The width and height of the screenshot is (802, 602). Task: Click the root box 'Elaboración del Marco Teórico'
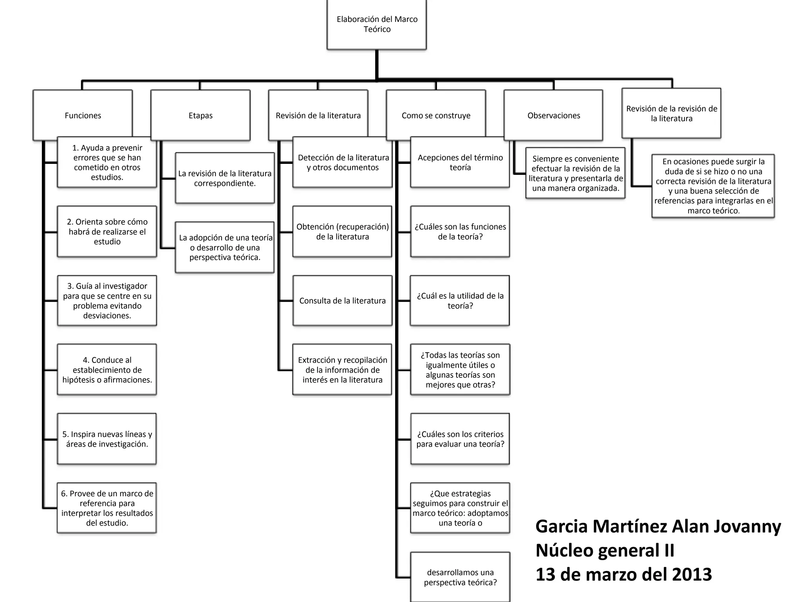[x=377, y=24]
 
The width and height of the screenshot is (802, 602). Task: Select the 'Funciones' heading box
[x=83, y=115]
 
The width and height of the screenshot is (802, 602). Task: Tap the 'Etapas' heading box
[x=200, y=115]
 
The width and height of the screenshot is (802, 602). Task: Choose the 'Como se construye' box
[x=436, y=115]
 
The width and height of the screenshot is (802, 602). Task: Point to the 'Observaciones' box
[x=553, y=115]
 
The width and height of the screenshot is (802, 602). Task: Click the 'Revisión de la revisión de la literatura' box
[x=671, y=113]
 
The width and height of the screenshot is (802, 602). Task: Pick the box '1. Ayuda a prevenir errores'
[x=107, y=162]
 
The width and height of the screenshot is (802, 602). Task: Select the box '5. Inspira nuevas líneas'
[x=107, y=439]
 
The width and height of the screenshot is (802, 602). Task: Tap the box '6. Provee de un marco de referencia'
[x=107, y=508]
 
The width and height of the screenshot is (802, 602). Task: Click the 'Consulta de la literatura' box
[x=342, y=301]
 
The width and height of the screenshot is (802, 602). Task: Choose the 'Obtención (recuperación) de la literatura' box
[x=342, y=232]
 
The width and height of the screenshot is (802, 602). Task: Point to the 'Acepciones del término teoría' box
[x=460, y=162]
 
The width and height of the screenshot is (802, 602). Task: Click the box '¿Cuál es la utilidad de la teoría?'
[x=460, y=301]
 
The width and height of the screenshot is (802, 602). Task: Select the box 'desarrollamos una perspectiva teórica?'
[x=460, y=577]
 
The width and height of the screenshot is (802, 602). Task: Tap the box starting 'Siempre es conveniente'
[x=575, y=173]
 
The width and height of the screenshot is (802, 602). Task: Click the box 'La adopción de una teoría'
[x=225, y=247]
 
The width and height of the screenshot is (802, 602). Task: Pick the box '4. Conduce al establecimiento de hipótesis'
[x=107, y=370]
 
